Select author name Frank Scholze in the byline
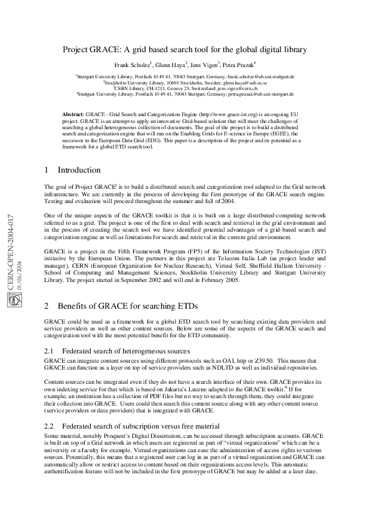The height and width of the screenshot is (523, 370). click(x=132, y=64)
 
